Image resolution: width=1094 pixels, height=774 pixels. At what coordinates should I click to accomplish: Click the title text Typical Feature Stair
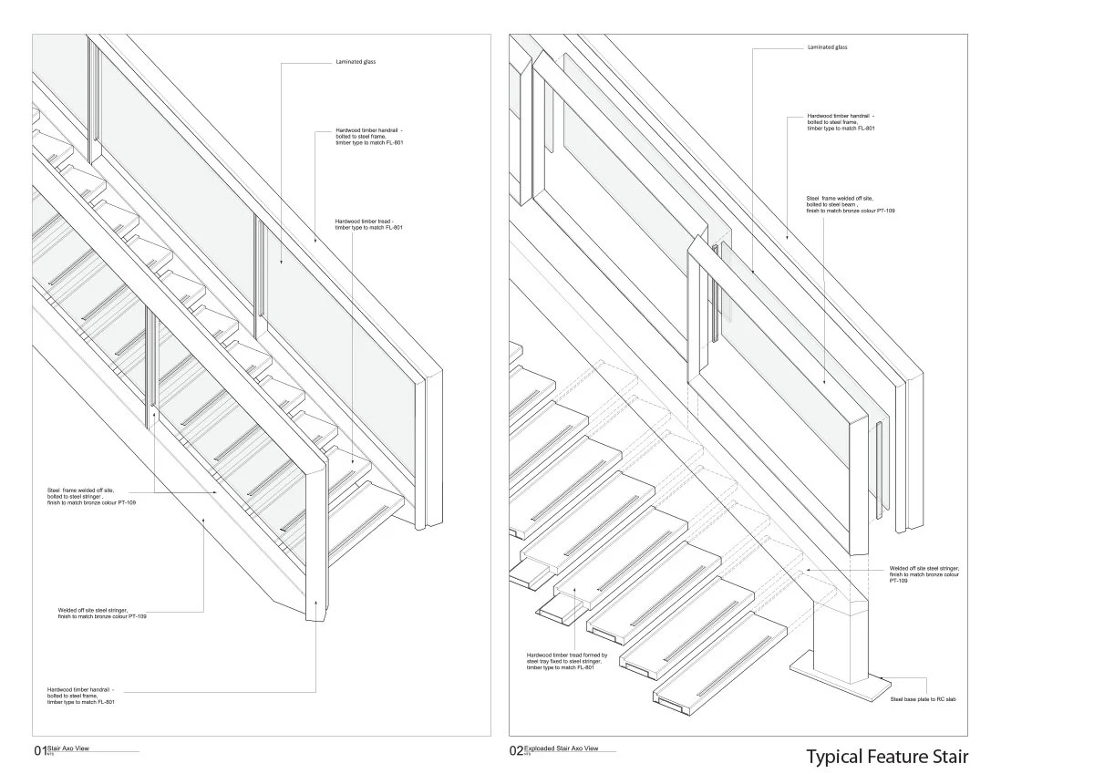(886, 757)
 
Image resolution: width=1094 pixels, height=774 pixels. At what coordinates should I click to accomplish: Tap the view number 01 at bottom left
(39, 751)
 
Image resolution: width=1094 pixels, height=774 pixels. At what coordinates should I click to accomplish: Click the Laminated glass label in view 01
(356, 62)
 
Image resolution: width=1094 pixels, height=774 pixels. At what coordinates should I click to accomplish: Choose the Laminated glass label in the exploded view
(827, 46)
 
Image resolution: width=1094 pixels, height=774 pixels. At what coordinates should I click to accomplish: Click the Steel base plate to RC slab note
(923, 699)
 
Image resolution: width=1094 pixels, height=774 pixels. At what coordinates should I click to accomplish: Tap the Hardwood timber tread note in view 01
(368, 224)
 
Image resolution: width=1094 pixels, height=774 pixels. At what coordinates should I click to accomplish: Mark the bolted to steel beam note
(850, 204)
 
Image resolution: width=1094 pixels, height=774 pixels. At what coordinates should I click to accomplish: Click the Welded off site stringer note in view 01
(102, 614)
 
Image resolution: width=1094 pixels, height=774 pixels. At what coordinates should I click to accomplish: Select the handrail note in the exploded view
(841, 123)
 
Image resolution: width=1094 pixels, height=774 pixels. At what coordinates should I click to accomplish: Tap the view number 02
(516, 751)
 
